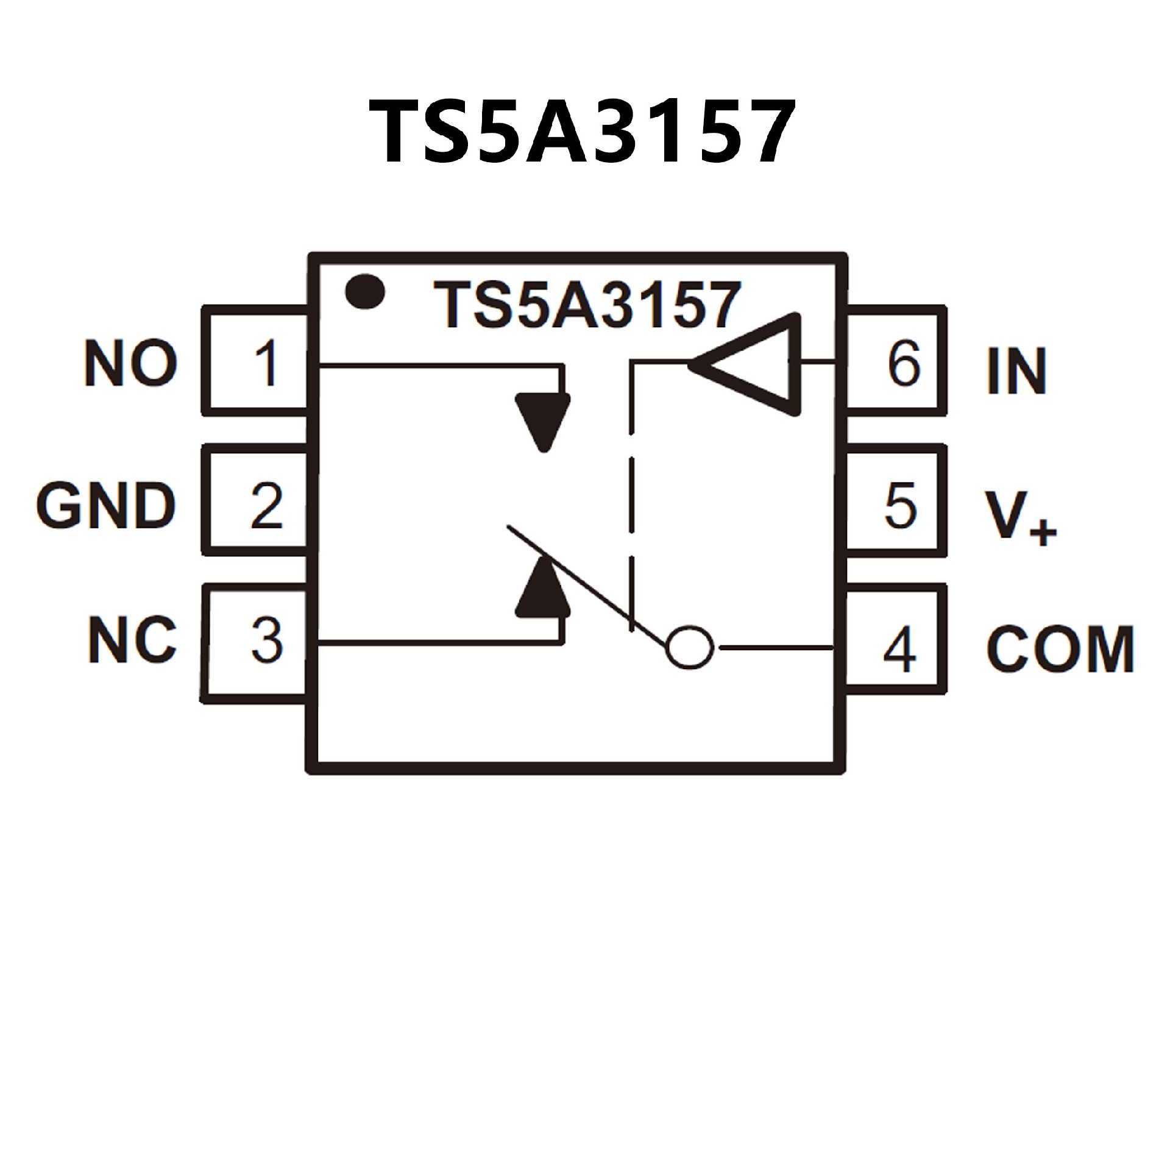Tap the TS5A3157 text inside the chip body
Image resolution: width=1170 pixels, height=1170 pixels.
(587, 305)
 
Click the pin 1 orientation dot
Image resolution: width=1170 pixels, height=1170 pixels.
(364, 291)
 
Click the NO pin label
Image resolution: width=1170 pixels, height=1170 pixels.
(131, 364)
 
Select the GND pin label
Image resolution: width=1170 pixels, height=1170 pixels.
(105, 506)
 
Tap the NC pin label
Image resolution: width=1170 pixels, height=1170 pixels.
(132, 640)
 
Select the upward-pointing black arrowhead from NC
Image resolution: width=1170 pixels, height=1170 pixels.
(543, 590)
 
